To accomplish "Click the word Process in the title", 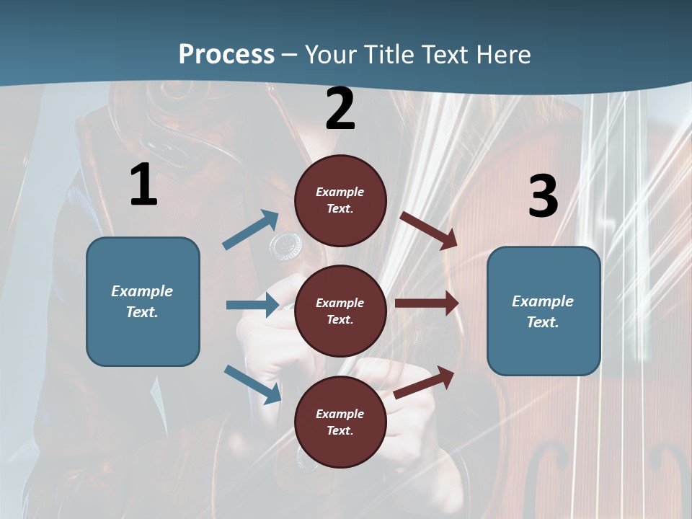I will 226,55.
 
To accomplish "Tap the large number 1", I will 143,185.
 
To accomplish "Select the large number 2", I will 340,110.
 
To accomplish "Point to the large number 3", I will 543,197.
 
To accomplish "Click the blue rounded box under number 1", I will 143,301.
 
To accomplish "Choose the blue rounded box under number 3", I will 544,311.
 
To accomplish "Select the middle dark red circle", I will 340,311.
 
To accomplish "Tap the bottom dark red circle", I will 340,422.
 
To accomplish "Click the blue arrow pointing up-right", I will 251,230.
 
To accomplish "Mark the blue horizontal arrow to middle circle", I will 252,305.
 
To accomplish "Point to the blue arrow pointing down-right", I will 252,383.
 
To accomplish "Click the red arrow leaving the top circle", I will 429,230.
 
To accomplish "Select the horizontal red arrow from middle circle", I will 427,303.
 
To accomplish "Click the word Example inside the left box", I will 142,291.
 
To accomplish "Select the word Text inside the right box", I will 543,322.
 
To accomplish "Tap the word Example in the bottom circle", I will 340,414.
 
